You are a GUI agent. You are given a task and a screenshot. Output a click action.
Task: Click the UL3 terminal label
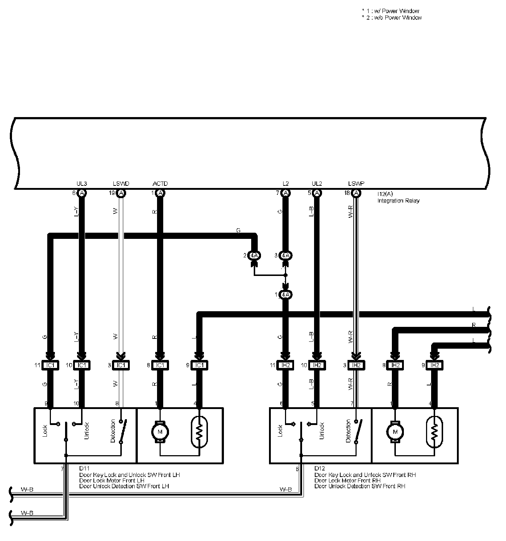point(81,184)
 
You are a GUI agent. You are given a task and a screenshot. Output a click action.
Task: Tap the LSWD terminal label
point(121,184)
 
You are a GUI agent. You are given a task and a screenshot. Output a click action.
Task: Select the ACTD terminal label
point(160,184)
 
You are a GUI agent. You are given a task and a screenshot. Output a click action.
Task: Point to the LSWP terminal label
point(356,184)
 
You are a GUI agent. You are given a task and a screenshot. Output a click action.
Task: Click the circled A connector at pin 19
point(121,193)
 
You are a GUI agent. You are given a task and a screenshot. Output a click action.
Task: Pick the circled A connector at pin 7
point(286,193)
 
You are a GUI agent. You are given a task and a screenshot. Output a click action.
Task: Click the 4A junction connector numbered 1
point(286,294)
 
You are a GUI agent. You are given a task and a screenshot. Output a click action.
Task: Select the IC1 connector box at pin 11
point(50,365)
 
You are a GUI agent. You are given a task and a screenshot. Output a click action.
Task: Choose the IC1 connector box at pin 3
point(121,365)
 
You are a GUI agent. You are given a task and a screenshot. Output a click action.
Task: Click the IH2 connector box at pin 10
point(317,365)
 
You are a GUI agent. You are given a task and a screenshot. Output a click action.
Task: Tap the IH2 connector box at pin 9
point(434,365)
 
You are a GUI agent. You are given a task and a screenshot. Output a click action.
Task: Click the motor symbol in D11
point(160,432)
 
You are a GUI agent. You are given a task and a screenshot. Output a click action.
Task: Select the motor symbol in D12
point(395,432)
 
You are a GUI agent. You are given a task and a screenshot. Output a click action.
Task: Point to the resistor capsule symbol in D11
point(199,432)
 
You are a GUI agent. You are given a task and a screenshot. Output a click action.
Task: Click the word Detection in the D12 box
point(348,431)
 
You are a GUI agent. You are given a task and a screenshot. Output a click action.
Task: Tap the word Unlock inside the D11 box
point(87,431)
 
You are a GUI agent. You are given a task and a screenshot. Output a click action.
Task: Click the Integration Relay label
point(398,201)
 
